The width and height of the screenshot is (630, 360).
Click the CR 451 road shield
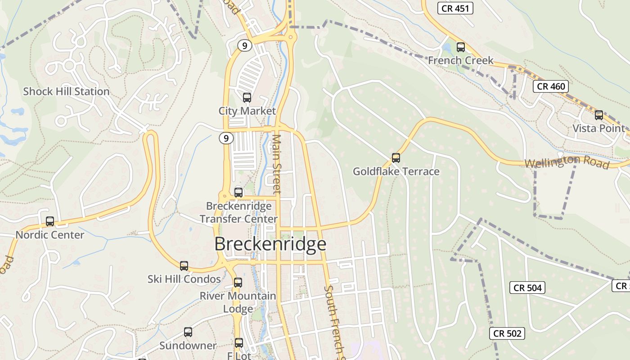(455, 8)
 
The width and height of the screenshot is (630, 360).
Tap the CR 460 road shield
(551, 86)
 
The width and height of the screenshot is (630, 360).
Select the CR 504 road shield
(527, 288)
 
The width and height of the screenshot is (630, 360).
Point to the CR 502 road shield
(507, 333)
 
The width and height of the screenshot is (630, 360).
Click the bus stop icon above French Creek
(460, 47)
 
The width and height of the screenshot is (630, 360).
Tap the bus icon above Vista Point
(598, 115)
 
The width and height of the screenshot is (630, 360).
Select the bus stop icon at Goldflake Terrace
(396, 157)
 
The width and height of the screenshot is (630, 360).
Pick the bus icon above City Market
(247, 97)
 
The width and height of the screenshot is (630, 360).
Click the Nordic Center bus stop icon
(50, 221)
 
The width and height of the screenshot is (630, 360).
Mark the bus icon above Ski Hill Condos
(184, 265)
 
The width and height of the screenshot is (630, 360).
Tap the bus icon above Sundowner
(188, 332)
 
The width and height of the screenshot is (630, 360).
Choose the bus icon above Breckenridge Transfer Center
(238, 192)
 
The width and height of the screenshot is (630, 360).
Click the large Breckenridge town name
(270, 244)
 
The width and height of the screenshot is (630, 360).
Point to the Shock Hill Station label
(66, 91)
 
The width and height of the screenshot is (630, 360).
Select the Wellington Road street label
(567, 161)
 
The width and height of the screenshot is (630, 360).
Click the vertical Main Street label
(277, 164)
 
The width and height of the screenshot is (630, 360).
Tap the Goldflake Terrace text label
(396, 171)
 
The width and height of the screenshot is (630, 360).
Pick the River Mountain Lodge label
(238, 302)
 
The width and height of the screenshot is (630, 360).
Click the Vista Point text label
(598, 128)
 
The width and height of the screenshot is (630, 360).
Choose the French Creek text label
(460, 60)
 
